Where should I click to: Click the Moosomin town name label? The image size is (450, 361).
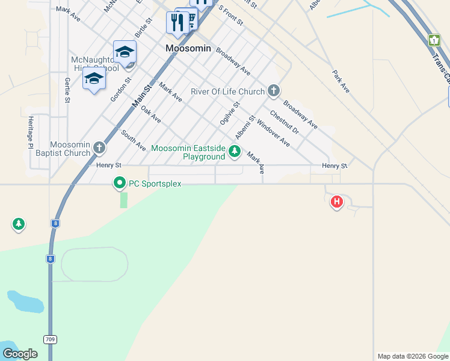(x=188, y=48)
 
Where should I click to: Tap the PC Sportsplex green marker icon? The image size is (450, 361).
(x=120, y=183)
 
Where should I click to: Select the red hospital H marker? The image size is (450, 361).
(x=337, y=202)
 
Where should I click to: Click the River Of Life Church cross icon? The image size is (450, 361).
(x=273, y=91)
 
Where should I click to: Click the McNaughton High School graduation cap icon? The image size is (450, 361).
(x=125, y=52)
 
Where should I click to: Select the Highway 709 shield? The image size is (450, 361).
(x=49, y=339)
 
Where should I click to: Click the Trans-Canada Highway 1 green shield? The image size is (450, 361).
(x=434, y=40)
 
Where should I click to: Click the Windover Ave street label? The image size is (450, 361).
(x=273, y=134)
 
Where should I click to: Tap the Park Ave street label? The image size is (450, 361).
(x=341, y=81)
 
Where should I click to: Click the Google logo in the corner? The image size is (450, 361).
(x=20, y=354)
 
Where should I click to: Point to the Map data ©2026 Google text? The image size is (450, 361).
(x=413, y=356)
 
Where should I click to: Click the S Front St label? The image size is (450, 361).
(x=230, y=16)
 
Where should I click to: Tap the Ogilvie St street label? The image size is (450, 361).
(x=230, y=113)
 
